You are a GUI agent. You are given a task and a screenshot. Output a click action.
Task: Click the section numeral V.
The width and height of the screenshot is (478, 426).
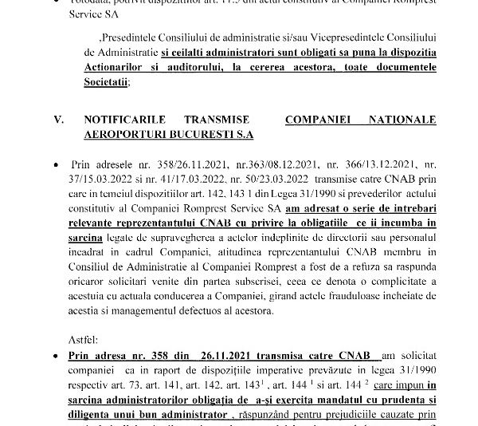[x=57, y=120]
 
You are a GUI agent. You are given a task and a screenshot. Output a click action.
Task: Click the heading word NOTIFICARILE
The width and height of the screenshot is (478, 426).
[x=125, y=120]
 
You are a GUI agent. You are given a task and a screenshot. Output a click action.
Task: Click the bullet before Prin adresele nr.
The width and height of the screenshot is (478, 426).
[x=57, y=164]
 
